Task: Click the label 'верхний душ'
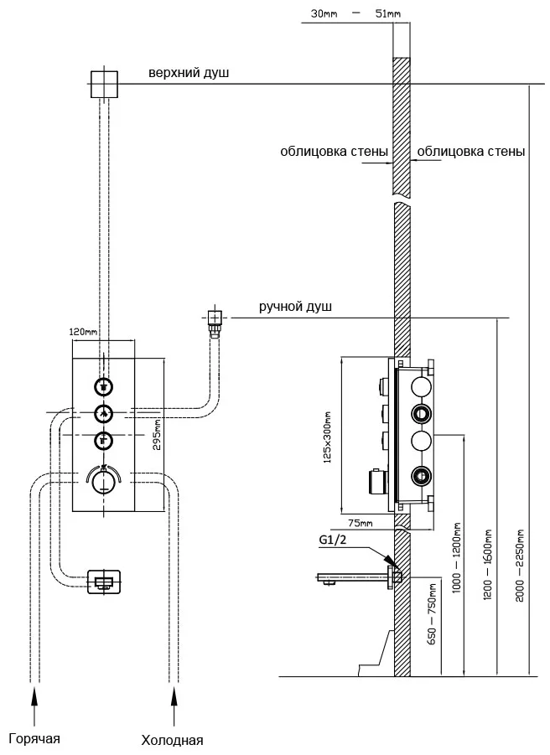189,74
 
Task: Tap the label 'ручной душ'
295,307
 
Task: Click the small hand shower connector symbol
214,318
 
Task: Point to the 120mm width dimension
84,333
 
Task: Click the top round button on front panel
103,386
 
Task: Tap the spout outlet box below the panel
104,582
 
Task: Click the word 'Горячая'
34,738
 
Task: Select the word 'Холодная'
172,740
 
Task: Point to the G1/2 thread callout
333,540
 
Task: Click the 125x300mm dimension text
329,436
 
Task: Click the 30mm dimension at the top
323,13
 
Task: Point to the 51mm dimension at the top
387,13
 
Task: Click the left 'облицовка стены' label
334,152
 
